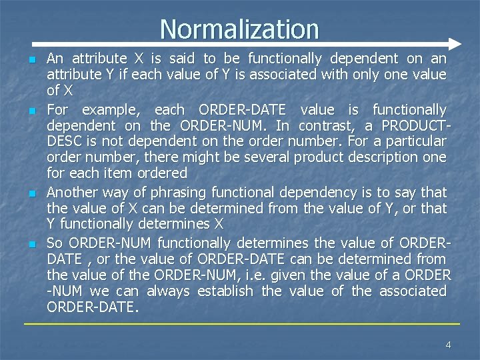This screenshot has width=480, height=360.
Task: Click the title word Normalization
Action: [239, 29]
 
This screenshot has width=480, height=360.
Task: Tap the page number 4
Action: [448, 344]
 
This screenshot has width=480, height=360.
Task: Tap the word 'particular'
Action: [414, 141]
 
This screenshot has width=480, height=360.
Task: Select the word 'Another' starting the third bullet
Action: [71, 193]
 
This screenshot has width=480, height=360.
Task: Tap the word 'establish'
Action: [225, 291]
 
